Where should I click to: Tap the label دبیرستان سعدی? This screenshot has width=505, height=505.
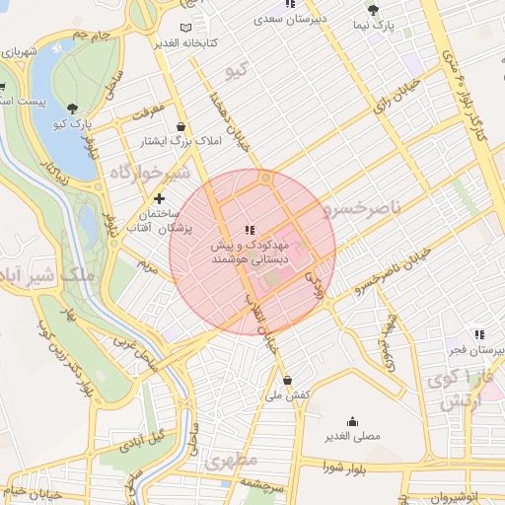coord(283,19)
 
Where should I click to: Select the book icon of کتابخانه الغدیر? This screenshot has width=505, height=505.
coord(187,28)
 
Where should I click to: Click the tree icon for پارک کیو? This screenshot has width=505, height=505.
coord(72,108)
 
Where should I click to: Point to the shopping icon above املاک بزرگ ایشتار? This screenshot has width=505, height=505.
coord(181,127)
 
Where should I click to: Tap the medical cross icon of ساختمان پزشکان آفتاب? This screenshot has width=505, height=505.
coord(158,199)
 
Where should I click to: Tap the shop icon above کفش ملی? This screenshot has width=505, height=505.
coord(287,380)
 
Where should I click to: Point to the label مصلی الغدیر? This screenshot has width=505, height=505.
coord(352,434)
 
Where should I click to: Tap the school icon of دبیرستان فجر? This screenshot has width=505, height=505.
coord(478,334)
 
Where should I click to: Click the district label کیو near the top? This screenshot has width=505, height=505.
coord(235,69)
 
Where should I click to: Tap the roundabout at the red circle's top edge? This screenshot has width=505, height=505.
coord(264,179)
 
